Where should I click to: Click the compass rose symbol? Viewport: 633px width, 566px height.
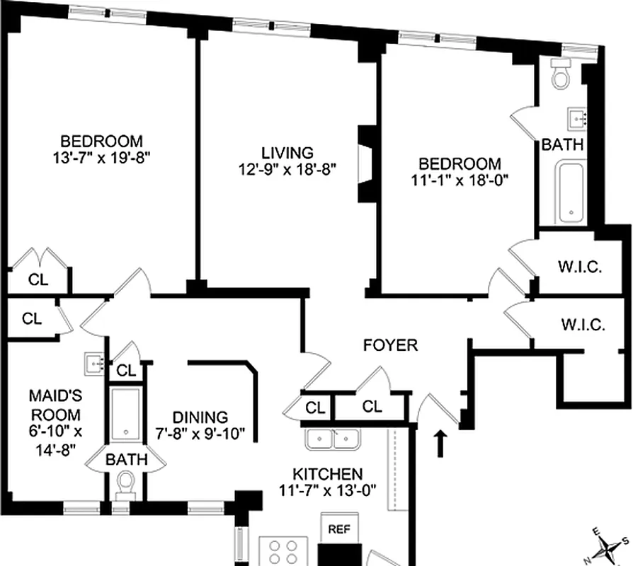click(605, 546)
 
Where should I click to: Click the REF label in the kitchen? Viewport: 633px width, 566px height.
click(337, 529)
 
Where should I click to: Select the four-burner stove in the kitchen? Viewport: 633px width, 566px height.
click(281, 551)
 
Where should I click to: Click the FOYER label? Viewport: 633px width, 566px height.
click(390, 346)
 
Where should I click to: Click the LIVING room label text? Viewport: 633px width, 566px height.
click(287, 153)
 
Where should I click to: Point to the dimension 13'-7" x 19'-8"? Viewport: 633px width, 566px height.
click(101, 158)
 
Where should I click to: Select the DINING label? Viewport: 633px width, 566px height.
click(199, 417)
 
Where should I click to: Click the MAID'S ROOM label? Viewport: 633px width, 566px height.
click(55, 406)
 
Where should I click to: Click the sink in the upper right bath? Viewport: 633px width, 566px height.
click(578, 117)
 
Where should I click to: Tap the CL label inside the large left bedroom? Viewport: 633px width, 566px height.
click(38, 279)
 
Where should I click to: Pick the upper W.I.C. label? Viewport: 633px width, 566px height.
click(580, 268)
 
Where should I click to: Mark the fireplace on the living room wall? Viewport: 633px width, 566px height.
click(367, 163)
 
